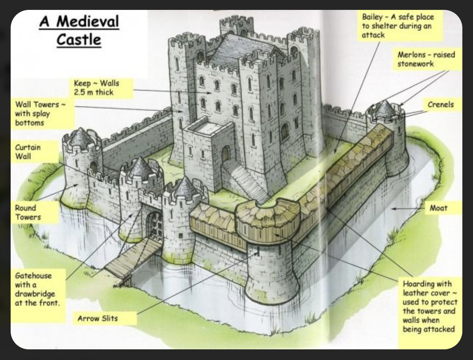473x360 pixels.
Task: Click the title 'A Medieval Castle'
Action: (x=79, y=30)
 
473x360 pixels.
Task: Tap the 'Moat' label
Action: (x=438, y=208)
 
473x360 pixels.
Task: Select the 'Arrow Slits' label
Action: (x=98, y=318)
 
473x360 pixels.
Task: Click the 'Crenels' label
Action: (x=441, y=104)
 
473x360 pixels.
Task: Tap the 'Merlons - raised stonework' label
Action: (x=426, y=59)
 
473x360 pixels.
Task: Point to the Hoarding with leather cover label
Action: (x=430, y=306)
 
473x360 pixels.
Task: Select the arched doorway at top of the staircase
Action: (x=226, y=154)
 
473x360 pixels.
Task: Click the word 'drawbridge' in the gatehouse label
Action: (x=35, y=294)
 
